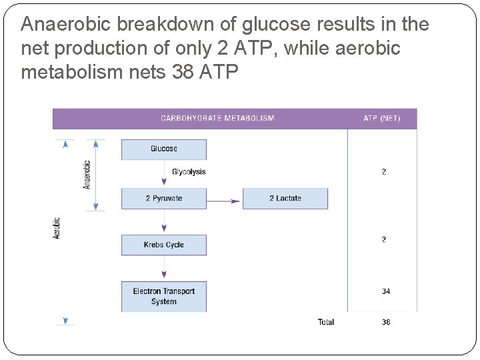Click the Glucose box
coord(163,149)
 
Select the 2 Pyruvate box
coord(163,199)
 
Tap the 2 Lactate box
coord(285,199)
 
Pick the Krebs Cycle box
coord(163,245)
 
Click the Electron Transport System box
coord(163,296)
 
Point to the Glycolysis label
coord(189,172)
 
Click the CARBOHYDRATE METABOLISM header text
coord(217,119)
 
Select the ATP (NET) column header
coord(382,119)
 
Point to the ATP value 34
coord(385,291)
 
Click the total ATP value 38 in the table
coord(385,323)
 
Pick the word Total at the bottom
coord(325,323)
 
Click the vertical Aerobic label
coord(57,228)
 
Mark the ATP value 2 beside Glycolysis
coord(384,172)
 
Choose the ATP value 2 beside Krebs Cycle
coord(384,239)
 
